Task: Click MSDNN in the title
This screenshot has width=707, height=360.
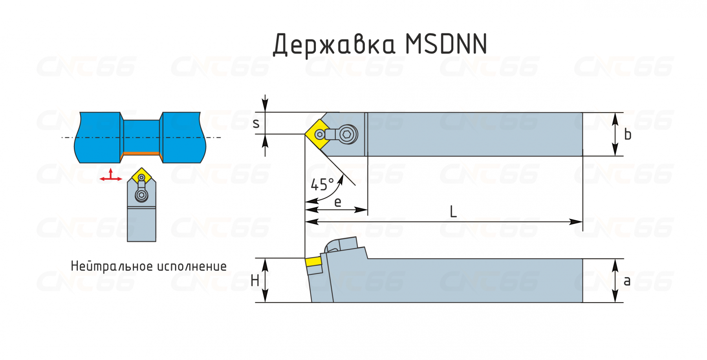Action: [446, 44]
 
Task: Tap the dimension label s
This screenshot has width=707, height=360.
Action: [256, 124]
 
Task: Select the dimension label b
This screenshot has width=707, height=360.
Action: [628, 134]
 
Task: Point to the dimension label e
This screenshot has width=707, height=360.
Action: [337, 202]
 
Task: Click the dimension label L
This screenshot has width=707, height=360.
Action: [453, 212]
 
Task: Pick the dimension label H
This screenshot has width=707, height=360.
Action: [255, 281]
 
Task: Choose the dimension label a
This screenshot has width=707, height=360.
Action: [627, 281]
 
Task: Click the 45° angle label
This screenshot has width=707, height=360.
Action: [322, 184]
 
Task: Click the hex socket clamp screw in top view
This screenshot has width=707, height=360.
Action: [347, 135]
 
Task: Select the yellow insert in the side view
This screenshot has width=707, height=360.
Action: [313, 262]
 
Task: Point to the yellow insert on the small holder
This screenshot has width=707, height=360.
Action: [141, 176]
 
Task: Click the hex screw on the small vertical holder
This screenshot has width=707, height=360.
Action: [141, 195]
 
